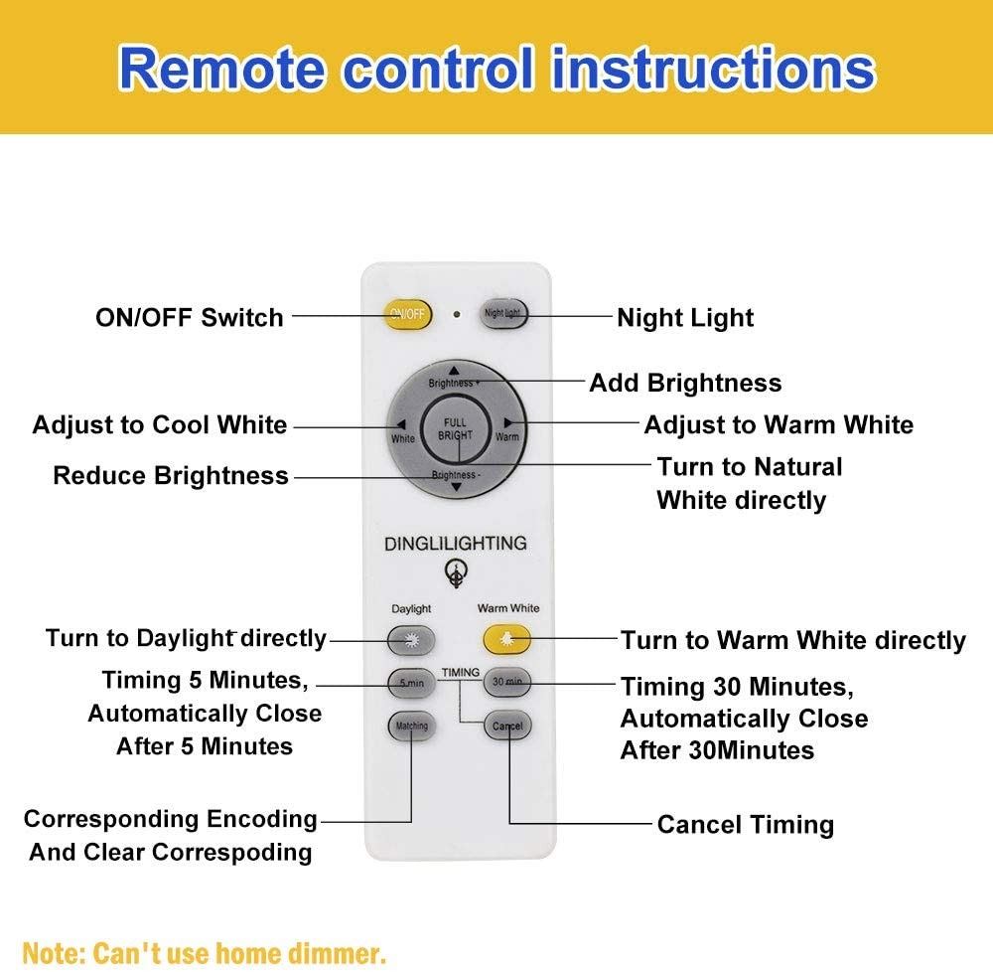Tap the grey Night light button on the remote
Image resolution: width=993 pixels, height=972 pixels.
[503, 314]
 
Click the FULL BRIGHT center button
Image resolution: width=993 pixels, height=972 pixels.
[456, 429]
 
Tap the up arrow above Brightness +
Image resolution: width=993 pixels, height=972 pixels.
[454, 371]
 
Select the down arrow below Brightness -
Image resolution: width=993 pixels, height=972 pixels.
[456, 487]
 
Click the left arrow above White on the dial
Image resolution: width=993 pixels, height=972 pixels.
[401, 424]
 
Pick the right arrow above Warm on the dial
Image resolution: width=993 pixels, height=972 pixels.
[507, 422]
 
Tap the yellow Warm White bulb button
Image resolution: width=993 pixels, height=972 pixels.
[506, 639]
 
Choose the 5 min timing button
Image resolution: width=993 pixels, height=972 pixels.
[412, 683]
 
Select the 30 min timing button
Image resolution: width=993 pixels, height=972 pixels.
[506, 682]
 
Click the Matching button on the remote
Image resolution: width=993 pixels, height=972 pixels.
[412, 726]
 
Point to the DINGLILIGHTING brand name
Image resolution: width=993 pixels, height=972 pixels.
[456, 543]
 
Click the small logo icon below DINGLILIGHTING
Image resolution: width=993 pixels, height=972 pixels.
[456, 572]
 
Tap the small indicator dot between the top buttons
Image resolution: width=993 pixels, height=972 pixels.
[457, 314]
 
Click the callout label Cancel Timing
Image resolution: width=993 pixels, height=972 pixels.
[746, 825]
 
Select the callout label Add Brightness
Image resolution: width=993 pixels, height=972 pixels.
[685, 383]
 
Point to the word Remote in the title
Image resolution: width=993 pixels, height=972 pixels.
[222, 68]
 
